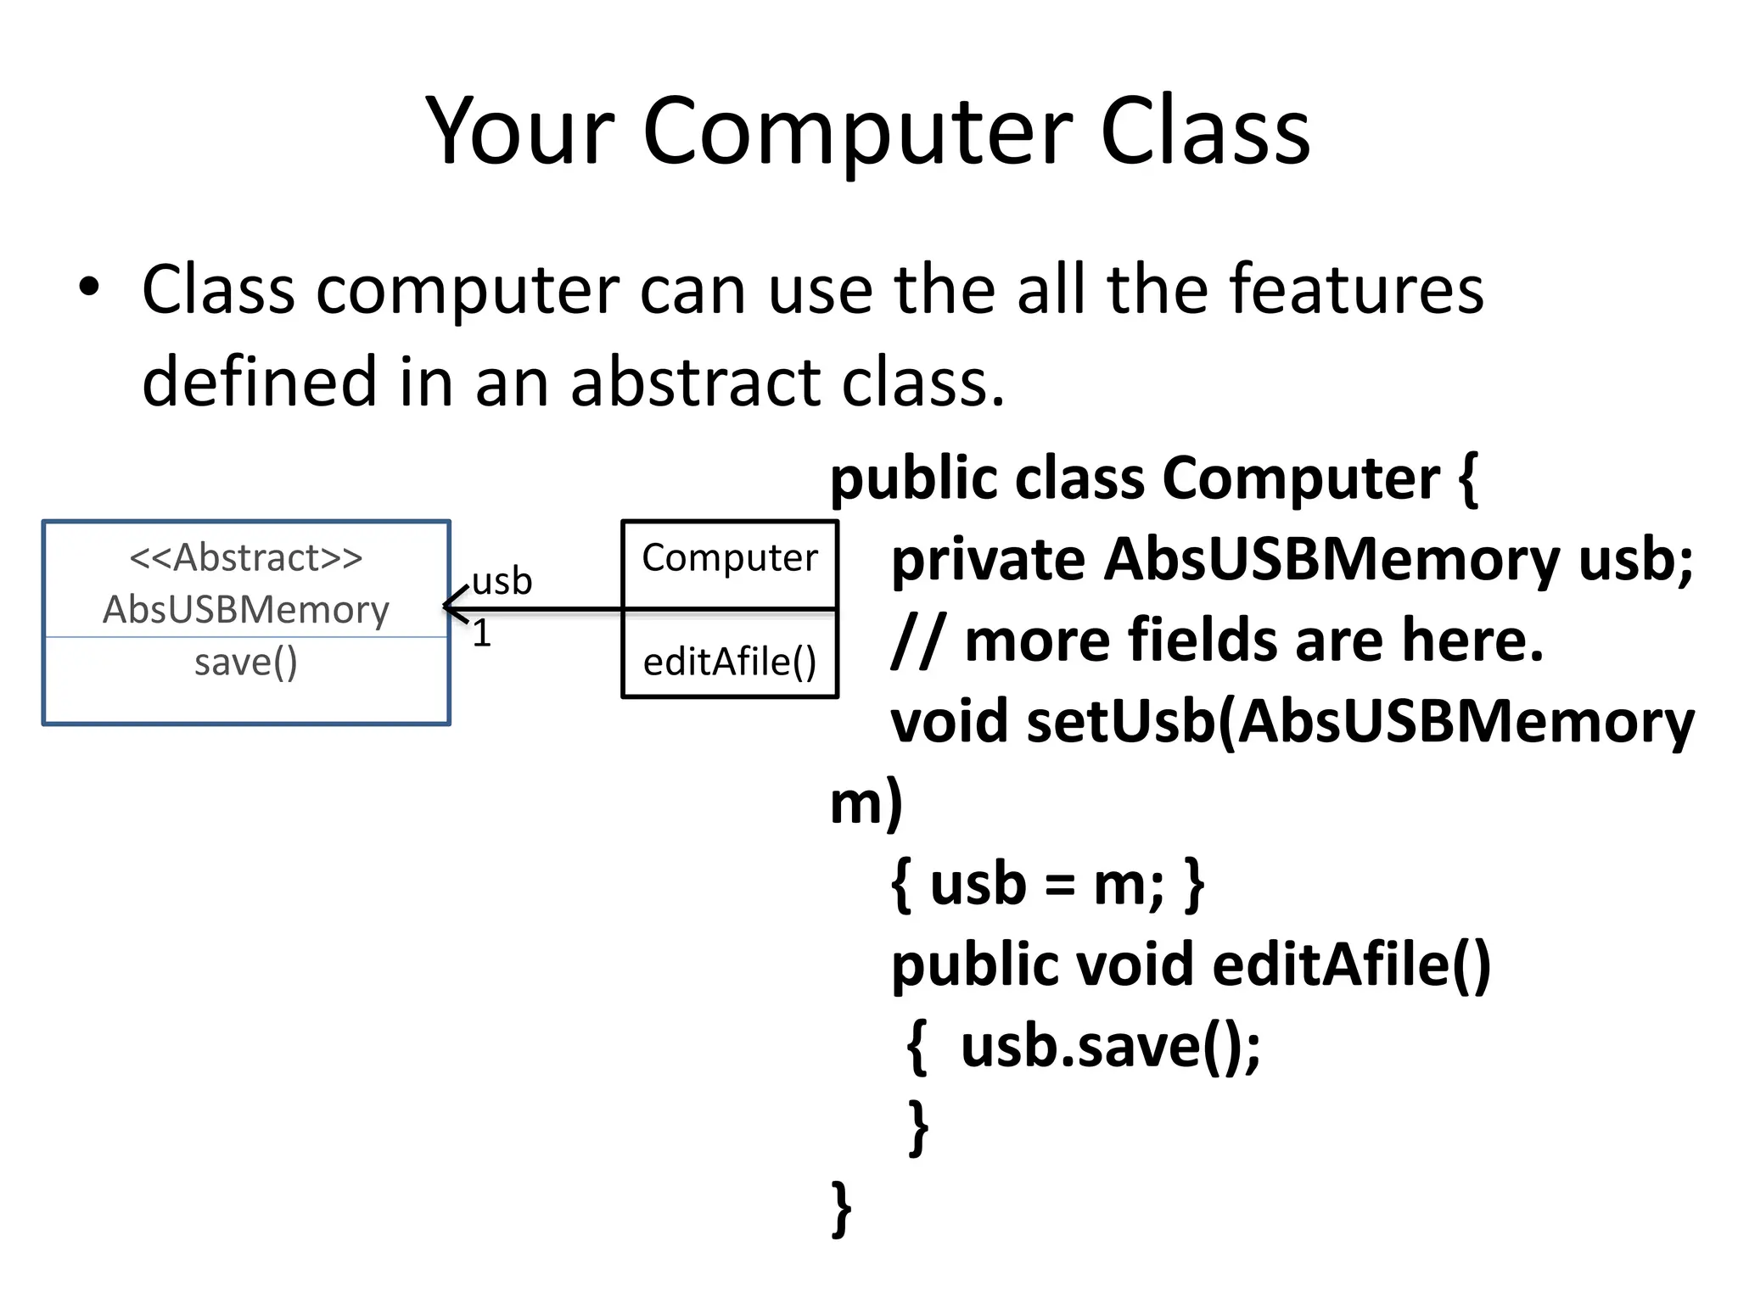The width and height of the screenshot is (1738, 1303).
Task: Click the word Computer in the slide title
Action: [x=859, y=131]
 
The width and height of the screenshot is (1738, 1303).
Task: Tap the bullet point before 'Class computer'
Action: [x=88, y=287]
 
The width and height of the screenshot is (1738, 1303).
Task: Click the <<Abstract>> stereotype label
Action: [x=246, y=558]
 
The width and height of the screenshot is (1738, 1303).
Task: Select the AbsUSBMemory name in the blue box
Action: [x=246, y=609]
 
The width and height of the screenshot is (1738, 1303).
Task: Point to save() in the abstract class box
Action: [x=246, y=662]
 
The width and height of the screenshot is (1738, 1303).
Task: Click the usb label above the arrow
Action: [x=502, y=581]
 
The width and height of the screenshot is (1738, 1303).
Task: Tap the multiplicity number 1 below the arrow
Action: [x=481, y=634]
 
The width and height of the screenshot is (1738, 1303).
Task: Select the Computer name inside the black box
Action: [x=730, y=558]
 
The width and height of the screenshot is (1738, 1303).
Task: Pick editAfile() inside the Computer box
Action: [x=730, y=662]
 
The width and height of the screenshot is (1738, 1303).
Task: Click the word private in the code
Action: [x=988, y=560]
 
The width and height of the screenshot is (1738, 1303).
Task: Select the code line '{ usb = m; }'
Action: [x=1047, y=884]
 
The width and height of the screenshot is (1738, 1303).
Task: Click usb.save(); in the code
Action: [x=1110, y=1046]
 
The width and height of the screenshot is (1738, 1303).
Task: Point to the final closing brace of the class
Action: [x=841, y=1208]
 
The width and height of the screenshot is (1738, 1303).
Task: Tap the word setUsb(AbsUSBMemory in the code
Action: [x=1360, y=721]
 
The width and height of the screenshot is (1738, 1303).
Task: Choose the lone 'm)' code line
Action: [x=866, y=802]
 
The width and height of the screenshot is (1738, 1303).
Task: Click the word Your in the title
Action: [x=519, y=131]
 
